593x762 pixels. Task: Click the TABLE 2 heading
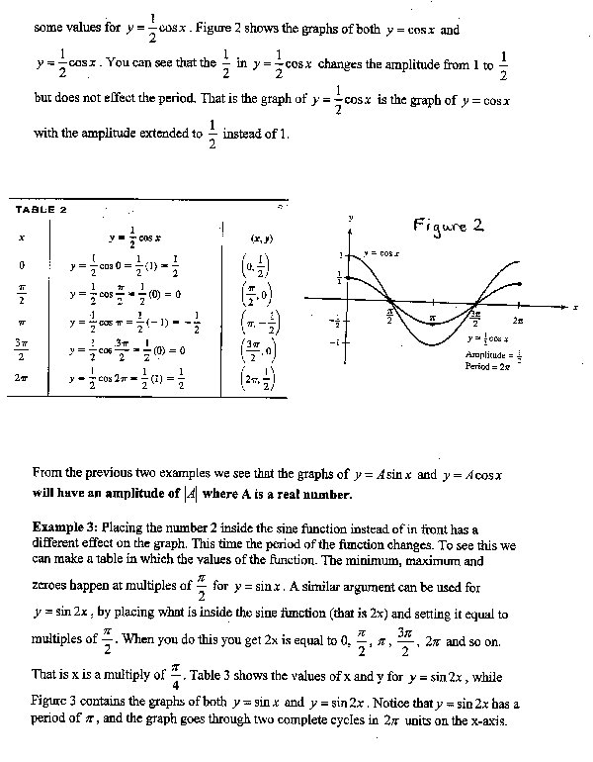click(x=41, y=210)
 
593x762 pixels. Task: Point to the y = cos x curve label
click(x=381, y=253)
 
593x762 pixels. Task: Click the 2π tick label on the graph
click(x=519, y=322)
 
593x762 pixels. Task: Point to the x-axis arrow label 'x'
click(x=574, y=309)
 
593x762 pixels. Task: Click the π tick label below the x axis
click(x=433, y=318)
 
